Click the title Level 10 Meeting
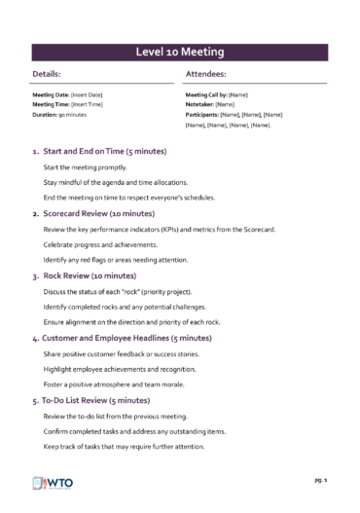click(180, 51)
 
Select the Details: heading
click(48, 74)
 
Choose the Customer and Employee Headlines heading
click(127, 337)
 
